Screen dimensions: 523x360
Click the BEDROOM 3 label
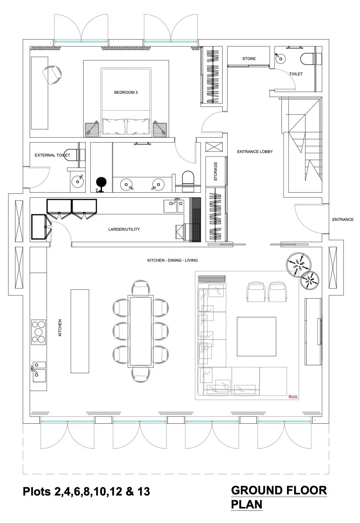click(x=126, y=93)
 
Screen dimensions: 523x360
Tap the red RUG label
click(x=293, y=397)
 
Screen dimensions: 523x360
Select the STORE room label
click(x=249, y=59)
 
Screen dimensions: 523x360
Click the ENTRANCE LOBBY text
click(x=255, y=151)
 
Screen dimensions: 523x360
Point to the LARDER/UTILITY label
click(x=124, y=230)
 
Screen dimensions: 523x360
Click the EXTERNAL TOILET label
click(x=52, y=155)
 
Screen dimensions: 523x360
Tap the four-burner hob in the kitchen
click(x=38, y=332)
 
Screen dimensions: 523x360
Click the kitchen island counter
click(x=80, y=331)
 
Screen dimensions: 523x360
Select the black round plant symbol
click(x=101, y=183)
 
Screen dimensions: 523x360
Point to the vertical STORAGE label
click(x=216, y=171)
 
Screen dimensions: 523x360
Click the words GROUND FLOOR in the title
click(x=279, y=490)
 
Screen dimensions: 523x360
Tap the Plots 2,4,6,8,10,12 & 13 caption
click(x=86, y=492)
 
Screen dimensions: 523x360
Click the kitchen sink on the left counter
click(x=39, y=375)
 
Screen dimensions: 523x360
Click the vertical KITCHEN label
click(x=60, y=328)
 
